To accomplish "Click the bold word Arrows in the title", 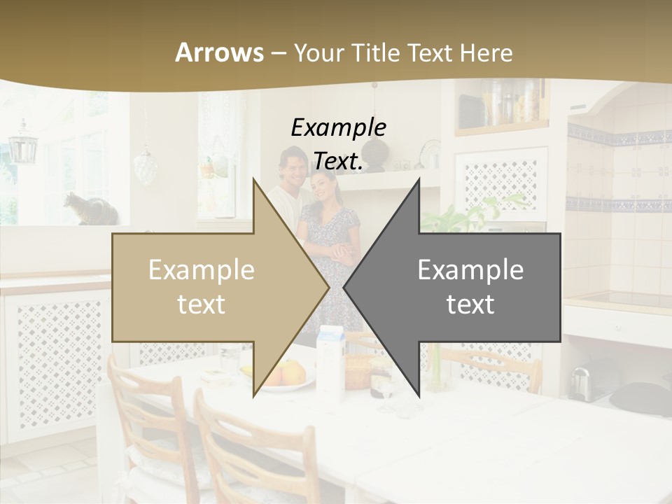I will [220, 52].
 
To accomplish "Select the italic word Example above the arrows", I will [338, 128].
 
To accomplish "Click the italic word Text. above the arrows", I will [338, 162].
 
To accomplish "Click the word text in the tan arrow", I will [201, 304].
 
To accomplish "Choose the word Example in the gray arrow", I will [470, 270].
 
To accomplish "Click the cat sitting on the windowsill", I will [87, 209].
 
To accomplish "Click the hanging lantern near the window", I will [22, 143].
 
